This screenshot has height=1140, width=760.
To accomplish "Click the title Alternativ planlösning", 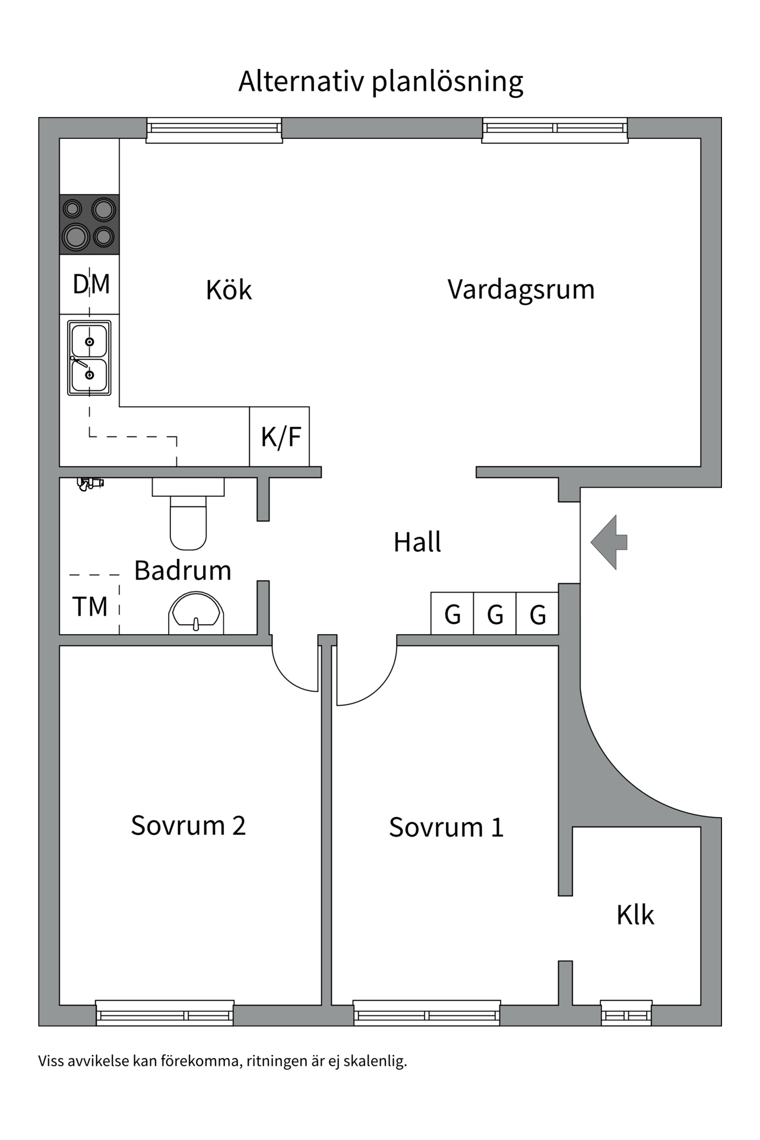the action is [x=381, y=82].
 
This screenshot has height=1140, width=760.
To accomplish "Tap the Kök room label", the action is [x=229, y=289].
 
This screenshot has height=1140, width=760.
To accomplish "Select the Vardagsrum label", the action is [x=521, y=290].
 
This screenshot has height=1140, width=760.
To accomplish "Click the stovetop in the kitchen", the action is [x=89, y=224].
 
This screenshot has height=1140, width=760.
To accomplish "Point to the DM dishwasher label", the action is [x=91, y=284].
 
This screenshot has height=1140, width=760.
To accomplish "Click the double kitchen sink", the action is [x=89, y=358].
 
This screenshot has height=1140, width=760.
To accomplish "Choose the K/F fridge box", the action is [x=280, y=436].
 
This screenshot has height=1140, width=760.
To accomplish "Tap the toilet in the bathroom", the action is [x=188, y=514].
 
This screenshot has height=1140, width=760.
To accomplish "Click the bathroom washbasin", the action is [x=196, y=613].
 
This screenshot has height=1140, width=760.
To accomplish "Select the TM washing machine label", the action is [x=90, y=607].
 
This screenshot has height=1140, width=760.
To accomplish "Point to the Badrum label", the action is [x=182, y=571].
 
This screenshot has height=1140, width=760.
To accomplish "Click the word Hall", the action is [x=417, y=542].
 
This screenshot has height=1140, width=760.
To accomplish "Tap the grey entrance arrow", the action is [x=609, y=542].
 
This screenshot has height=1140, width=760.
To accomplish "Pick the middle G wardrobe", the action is [x=495, y=613].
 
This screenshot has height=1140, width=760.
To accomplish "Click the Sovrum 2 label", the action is [x=188, y=825].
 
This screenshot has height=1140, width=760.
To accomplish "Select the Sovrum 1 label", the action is [x=446, y=827].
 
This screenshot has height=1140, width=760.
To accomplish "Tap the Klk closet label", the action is [x=635, y=915].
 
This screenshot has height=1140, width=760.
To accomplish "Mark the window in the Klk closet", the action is [x=626, y=1013].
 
